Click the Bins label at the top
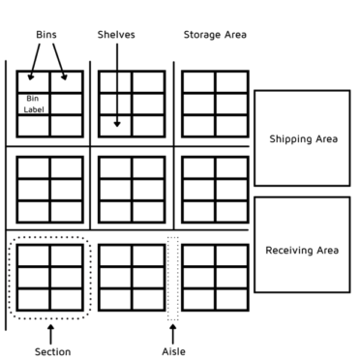pos(45,35)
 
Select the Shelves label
pos(116,35)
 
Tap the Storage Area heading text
pos(215,35)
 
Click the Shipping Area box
pos(302,138)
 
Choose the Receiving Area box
pos(302,250)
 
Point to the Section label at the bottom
pos(52,351)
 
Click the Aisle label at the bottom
pos(173,351)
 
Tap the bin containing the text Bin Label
pos(33,104)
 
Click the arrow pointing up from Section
pos(51,334)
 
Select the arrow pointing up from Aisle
pos(173,334)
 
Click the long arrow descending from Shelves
pos(116,82)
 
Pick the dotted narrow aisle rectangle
pos(173,278)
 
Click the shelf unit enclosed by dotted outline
pos(50,277)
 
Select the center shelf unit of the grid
pos(132,190)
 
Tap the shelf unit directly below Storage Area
pos(215,104)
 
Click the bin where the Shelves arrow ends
pos(116,126)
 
